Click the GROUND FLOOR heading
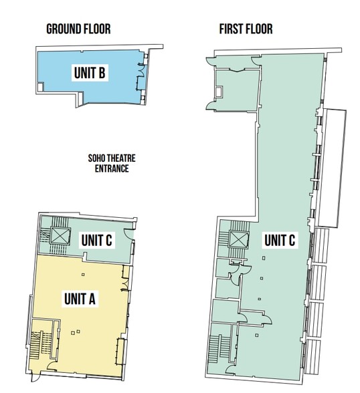click(x=78, y=29)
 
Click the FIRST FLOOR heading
click(x=246, y=29)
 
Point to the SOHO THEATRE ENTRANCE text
click(x=108, y=164)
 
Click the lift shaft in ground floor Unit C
click(x=58, y=235)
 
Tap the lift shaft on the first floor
click(x=239, y=239)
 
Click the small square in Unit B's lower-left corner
click(x=43, y=87)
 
